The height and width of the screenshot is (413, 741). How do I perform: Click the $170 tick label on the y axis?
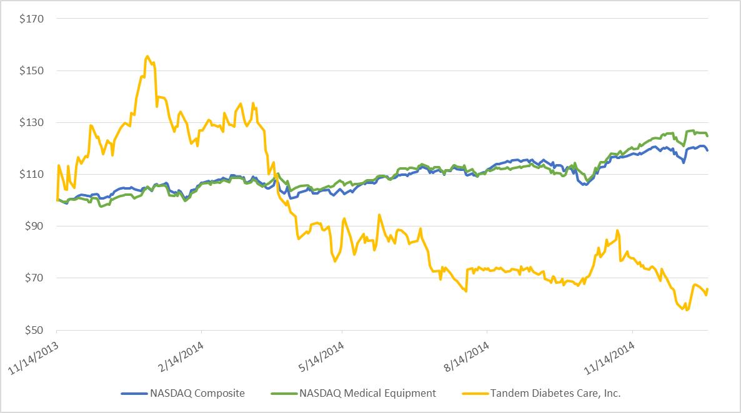(31, 19)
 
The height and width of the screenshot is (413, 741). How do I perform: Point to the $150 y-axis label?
(31, 70)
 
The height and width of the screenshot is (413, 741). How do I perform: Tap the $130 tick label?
(31, 122)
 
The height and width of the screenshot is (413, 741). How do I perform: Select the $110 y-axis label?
(31, 174)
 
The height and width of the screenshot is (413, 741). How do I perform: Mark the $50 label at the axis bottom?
(33, 330)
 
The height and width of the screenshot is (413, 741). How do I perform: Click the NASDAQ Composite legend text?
(197, 393)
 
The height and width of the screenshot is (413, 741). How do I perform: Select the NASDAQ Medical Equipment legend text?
(367, 393)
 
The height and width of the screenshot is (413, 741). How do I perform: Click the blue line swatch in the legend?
(132, 393)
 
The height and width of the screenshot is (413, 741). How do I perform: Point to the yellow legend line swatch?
(472, 393)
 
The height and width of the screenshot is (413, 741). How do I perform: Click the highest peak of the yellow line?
(147, 56)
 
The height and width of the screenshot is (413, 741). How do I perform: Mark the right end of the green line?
(707, 135)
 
